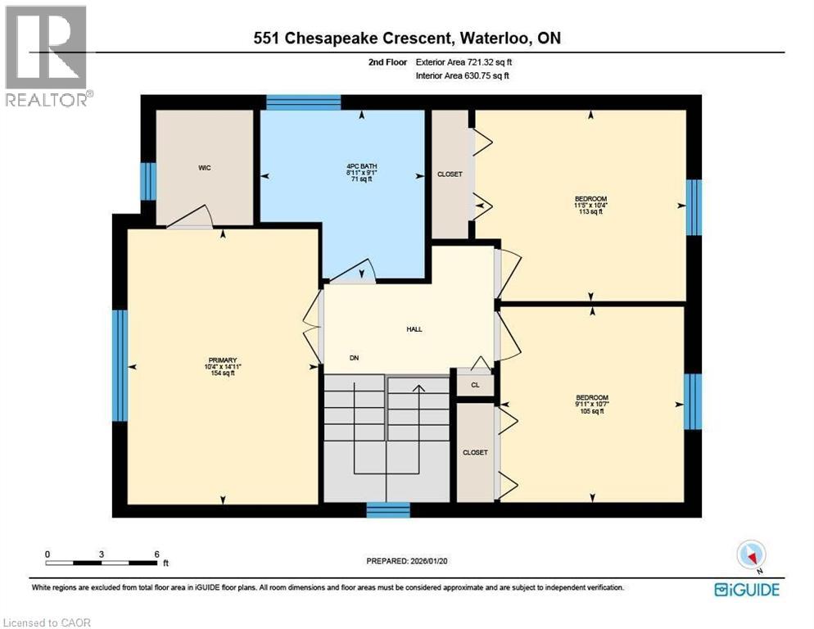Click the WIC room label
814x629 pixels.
click(x=205, y=168)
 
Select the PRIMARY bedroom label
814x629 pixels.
click(x=222, y=360)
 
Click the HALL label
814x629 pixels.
click(x=414, y=329)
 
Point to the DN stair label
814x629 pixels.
click(x=354, y=358)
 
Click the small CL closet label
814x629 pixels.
click(x=475, y=384)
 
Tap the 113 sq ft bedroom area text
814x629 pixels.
click(x=590, y=212)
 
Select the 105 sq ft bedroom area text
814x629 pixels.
click(x=590, y=412)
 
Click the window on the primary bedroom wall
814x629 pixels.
click(x=120, y=364)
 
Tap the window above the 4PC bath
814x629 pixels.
click(x=303, y=102)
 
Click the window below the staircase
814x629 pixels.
click(x=387, y=510)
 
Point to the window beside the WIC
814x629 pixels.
click(x=147, y=181)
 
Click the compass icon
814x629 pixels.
click(x=750, y=554)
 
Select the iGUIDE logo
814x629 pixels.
click(x=746, y=590)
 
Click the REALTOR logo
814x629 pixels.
click(x=47, y=56)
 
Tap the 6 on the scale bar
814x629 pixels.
click(x=156, y=554)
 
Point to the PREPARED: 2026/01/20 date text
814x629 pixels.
click(x=406, y=561)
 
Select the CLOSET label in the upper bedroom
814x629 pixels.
click(x=450, y=174)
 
